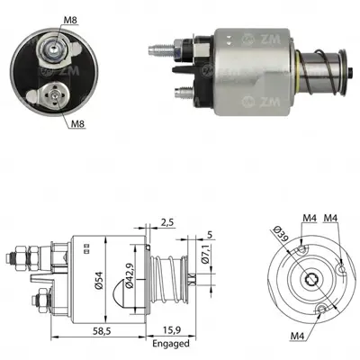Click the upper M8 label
71,21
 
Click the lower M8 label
78,123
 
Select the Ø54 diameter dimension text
98,280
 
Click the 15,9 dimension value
171,330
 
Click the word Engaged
171,343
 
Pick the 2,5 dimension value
167,222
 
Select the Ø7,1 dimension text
206,254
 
